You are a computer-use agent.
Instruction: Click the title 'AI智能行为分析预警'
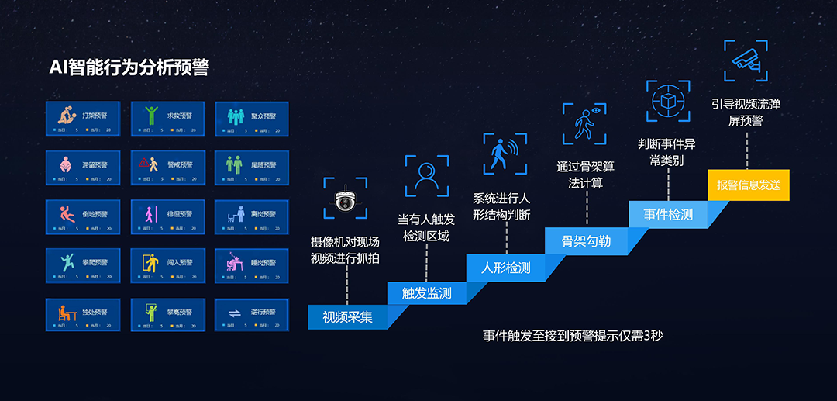129,68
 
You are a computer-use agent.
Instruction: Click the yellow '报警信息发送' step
748,185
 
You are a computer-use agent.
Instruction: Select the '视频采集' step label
347,317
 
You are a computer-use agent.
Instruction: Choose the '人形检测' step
505,268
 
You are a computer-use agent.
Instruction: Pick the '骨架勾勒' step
586,241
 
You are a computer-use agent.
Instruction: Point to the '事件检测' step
667,214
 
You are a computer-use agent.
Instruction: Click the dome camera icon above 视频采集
346,200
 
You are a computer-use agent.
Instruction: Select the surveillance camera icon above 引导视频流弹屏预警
746,60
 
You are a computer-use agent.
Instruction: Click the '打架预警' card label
95,116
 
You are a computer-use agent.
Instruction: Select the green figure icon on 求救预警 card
150,116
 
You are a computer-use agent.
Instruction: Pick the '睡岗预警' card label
263,263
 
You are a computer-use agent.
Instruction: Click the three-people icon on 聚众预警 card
235,116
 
